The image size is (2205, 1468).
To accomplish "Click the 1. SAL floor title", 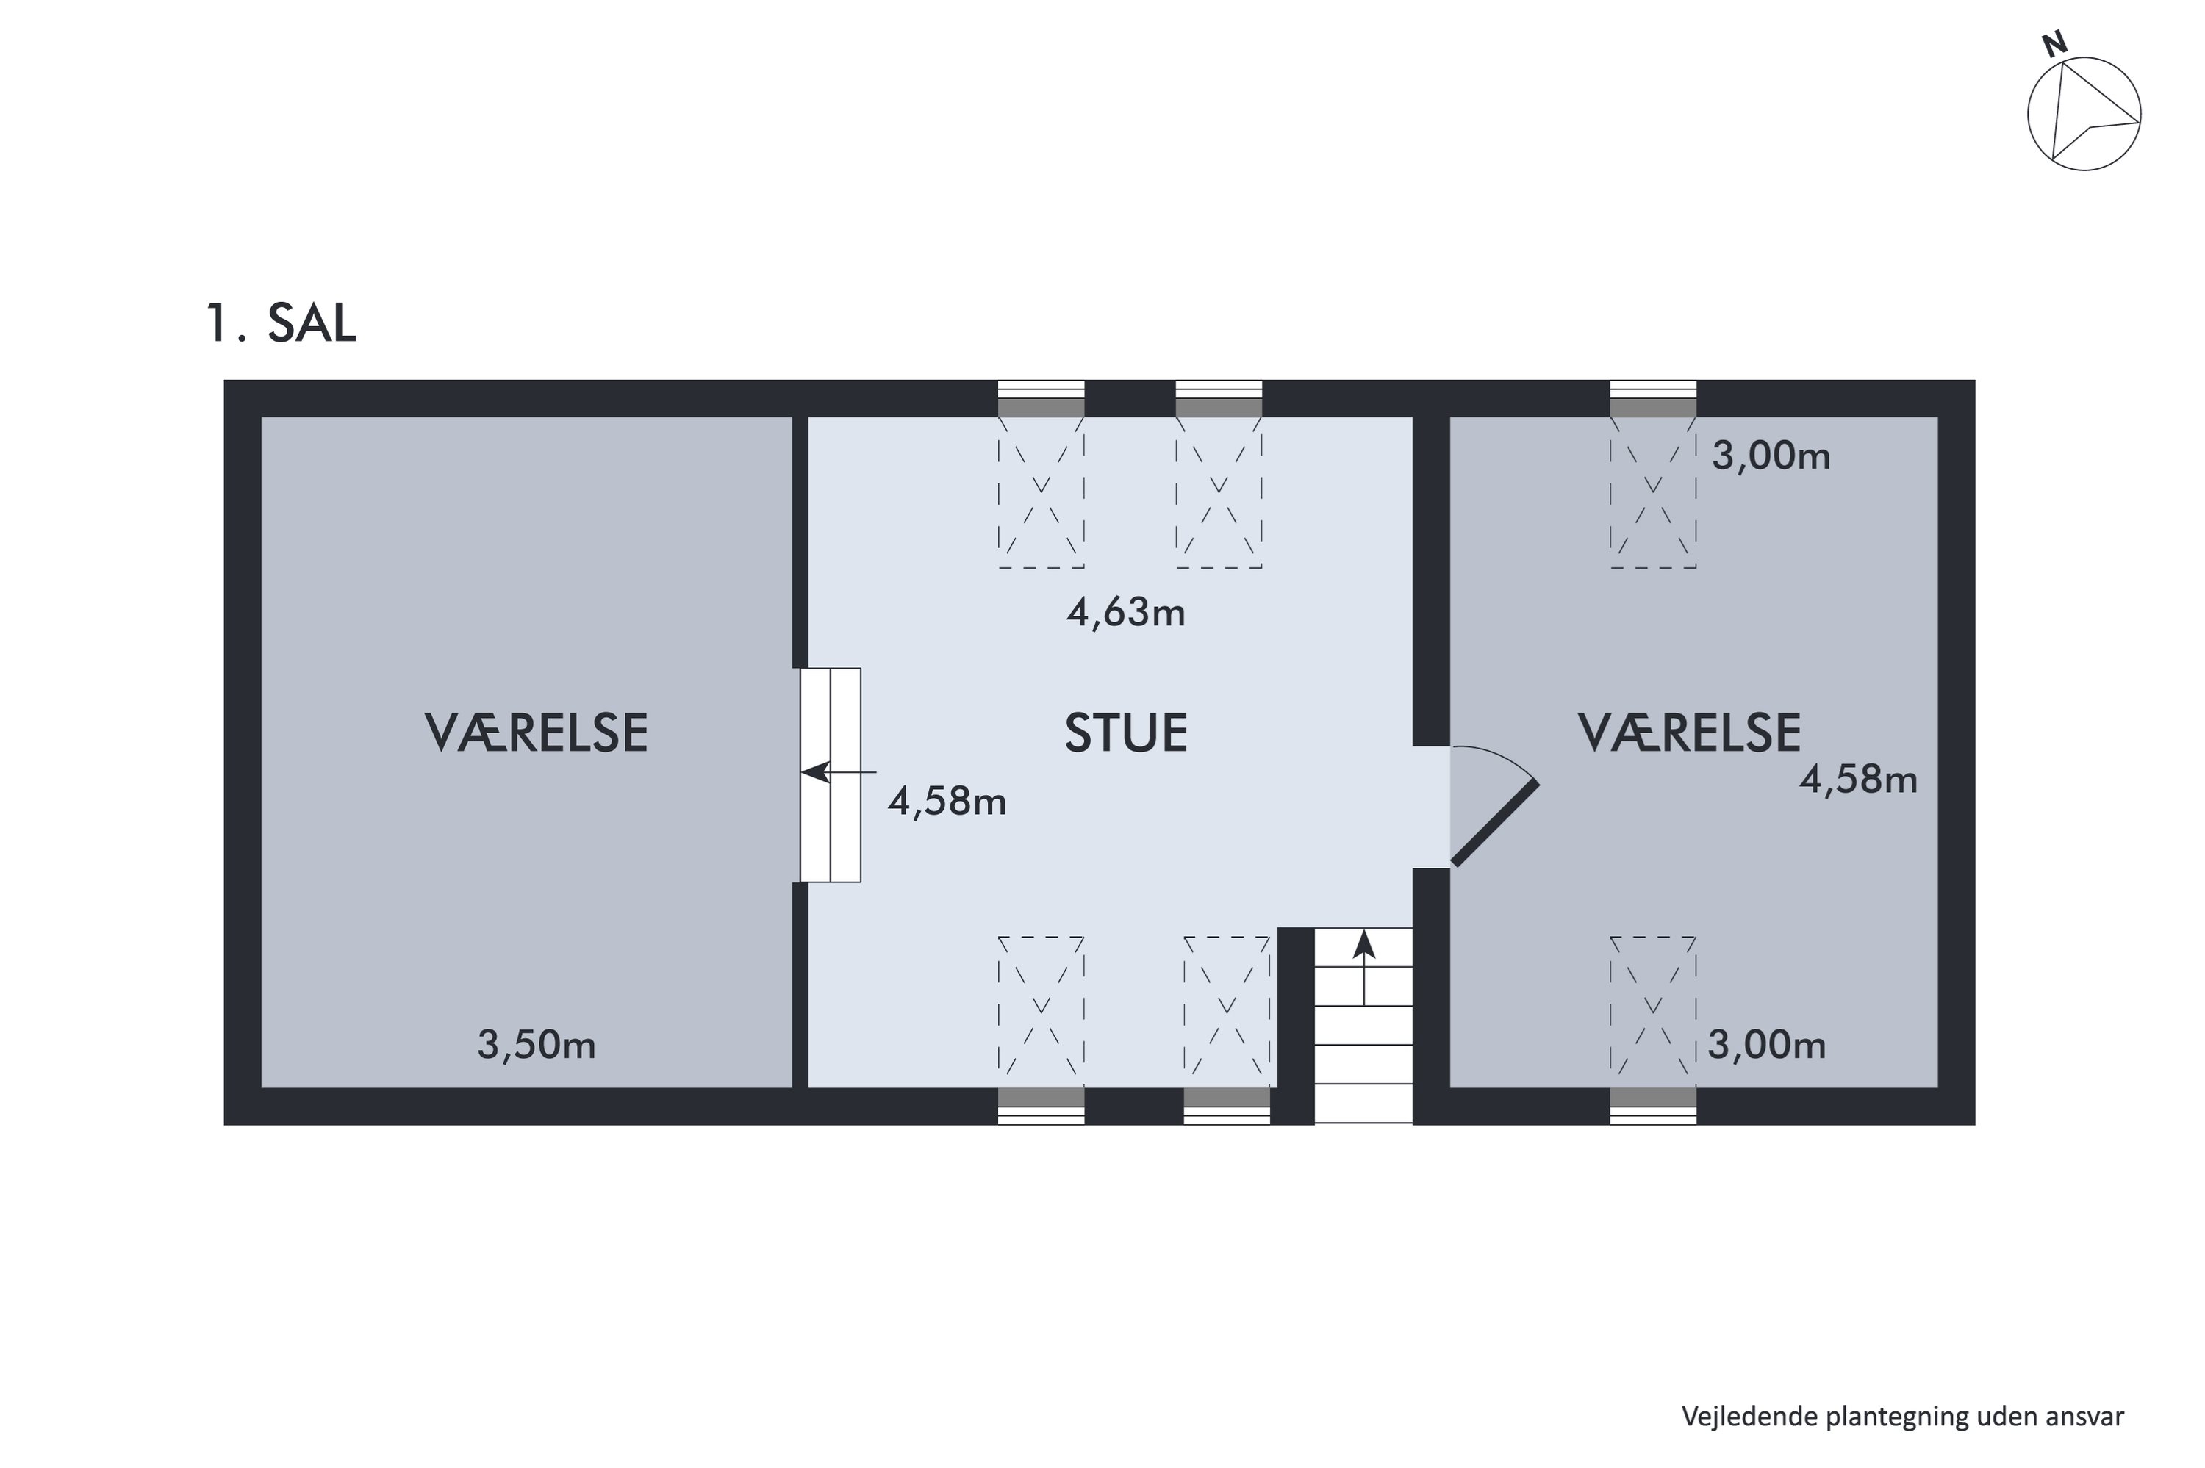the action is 281,323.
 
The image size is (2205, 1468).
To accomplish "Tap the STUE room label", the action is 1125,733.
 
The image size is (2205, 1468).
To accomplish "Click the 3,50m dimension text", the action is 537,1045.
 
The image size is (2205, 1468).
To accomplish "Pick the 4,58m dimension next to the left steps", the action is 947,802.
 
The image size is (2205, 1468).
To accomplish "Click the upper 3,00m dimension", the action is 1771,456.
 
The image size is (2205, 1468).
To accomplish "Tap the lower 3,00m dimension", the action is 1767,1044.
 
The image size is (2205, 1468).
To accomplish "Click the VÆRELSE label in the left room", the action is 537,733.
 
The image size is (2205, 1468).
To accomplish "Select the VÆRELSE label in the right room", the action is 1689,733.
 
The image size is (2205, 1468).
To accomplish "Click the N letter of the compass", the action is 2054,44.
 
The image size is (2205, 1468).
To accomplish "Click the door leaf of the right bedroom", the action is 1494,823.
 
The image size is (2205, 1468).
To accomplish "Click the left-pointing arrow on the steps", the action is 839,772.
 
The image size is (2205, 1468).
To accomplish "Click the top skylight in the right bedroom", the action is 1652,492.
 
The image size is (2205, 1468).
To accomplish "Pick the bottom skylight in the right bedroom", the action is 1652,1011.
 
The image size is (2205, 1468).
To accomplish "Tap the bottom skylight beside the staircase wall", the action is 1227,1011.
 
